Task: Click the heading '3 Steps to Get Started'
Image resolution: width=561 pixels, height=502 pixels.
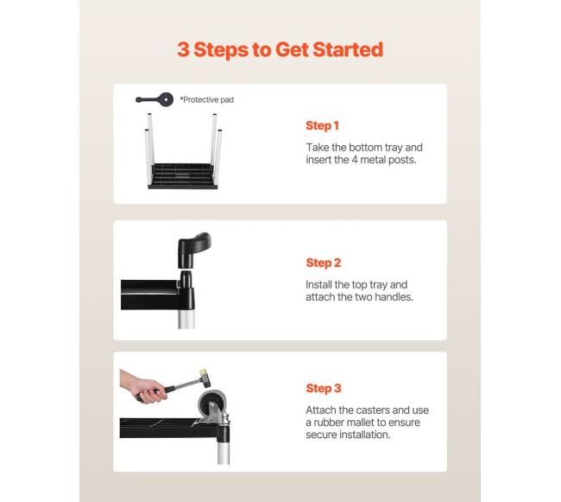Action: (280, 49)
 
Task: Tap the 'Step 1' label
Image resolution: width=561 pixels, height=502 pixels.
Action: (322, 125)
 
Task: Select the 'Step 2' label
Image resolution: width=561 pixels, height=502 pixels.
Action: (324, 263)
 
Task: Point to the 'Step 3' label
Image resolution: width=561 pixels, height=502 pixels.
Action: (324, 388)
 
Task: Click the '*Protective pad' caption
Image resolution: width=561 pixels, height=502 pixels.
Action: (207, 99)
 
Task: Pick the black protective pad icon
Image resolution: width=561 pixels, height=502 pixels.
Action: (154, 99)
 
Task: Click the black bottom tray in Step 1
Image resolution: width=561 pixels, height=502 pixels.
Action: (183, 176)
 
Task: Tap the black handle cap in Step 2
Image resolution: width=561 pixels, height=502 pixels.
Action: (194, 250)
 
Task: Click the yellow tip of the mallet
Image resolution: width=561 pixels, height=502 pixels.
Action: (204, 372)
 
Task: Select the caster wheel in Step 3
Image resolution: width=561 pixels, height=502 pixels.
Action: (212, 403)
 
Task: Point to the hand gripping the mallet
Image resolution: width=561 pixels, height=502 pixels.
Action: (143, 387)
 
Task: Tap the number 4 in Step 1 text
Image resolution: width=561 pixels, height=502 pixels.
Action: (354, 160)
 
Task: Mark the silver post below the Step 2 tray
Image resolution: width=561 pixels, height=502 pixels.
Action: (186, 319)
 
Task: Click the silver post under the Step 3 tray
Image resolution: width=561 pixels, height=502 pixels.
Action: (224, 453)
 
